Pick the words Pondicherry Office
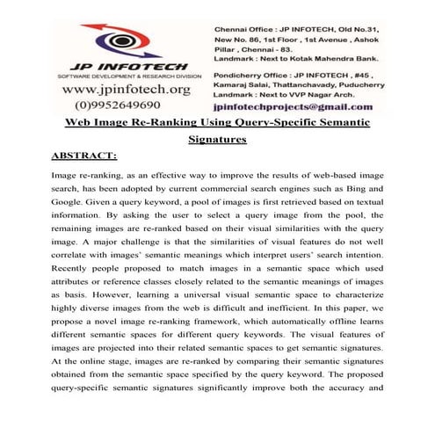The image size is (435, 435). click(x=255, y=75)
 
